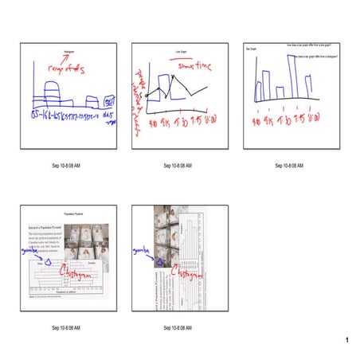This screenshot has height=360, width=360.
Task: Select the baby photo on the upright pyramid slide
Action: coord(88,242)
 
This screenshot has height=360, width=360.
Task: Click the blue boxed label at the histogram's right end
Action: coord(111,103)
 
